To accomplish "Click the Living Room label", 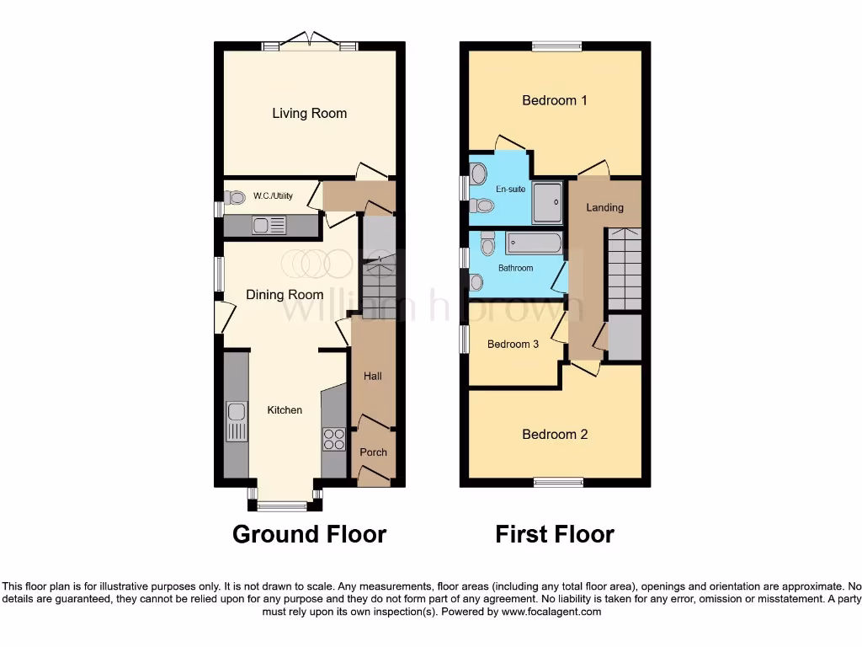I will coord(309,113).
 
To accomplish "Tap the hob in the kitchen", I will coord(333,440).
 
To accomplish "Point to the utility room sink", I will coord(269,225).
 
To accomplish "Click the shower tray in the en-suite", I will coord(547,202).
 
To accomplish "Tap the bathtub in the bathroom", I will coord(534,243).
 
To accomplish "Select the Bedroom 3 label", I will coord(513,344).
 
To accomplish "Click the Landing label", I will coord(604,207).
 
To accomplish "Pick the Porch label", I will coord(373,452).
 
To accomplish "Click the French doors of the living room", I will coord(310,41).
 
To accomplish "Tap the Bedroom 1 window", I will coord(556,46).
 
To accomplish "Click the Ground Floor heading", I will coord(309,534).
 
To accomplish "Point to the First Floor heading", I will coord(555,534).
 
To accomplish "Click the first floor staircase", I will coord(624,268).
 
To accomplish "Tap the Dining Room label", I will coord(285,295).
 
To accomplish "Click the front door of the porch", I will coord(374,478).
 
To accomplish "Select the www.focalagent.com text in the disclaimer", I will coord(551,612).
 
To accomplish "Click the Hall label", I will coord(372,376).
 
